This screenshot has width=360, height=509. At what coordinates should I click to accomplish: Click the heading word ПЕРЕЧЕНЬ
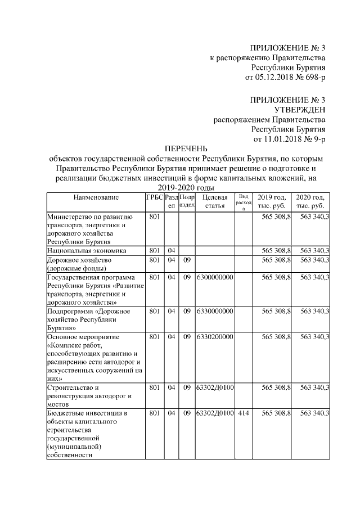point(186,148)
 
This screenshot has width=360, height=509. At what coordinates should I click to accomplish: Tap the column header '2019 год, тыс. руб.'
point(272,202)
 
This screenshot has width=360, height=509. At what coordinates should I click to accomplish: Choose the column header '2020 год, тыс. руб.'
point(310,202)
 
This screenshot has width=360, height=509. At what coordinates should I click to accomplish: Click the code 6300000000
point(214,278)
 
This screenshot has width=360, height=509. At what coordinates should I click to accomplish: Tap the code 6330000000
point(214,311)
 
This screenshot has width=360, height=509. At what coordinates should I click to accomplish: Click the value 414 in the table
point(243,413)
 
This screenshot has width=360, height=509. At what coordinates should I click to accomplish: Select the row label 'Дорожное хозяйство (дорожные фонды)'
point(79,264)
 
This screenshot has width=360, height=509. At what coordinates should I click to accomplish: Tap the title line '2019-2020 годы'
point(186,188)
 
